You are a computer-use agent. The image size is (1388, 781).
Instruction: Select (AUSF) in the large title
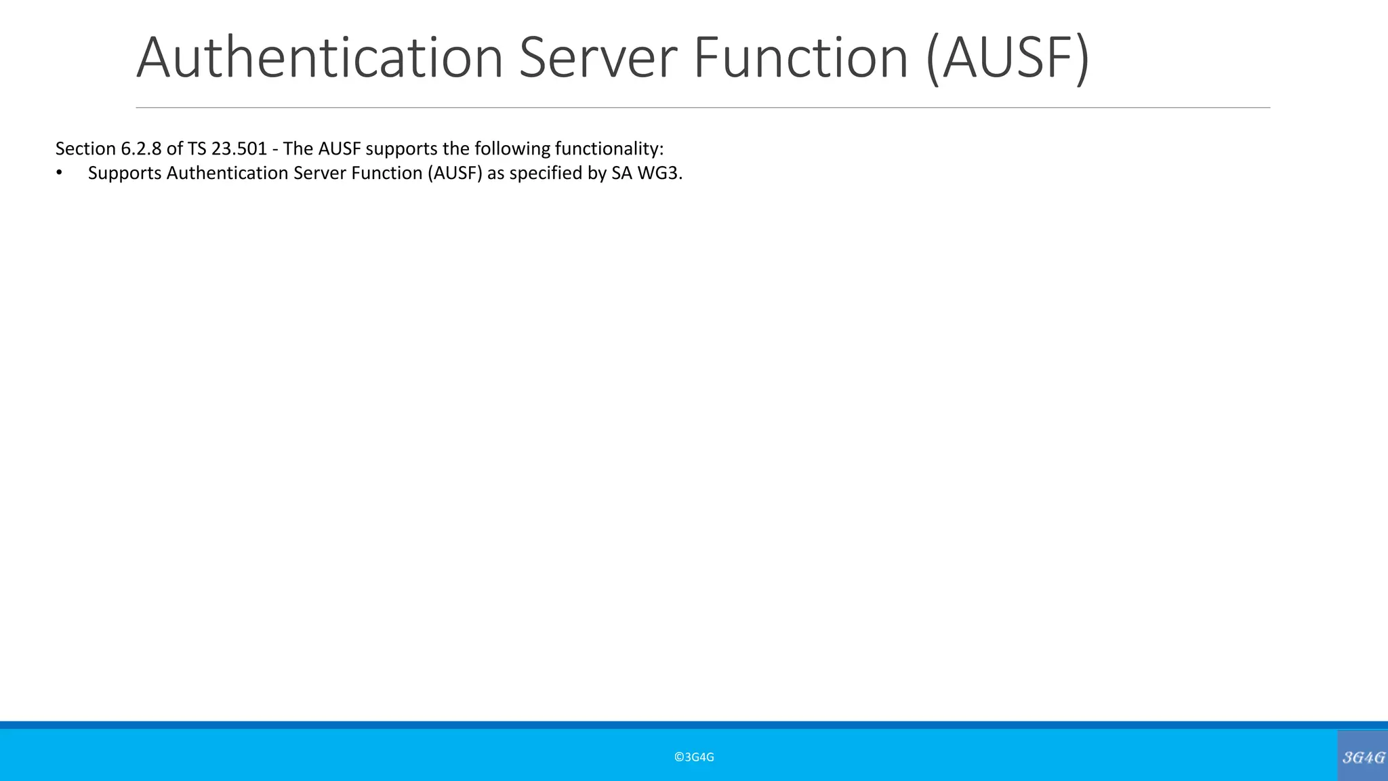[1008, 58]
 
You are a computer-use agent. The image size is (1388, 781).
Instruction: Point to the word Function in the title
[800, 57]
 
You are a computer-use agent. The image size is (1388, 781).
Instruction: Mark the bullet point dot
[59, 173]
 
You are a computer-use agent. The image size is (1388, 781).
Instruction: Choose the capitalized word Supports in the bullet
[125, 174]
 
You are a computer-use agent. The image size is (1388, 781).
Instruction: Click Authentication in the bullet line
[228, 173]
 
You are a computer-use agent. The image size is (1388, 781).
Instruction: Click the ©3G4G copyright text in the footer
[694, 757]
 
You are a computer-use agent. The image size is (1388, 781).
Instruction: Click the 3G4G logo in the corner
[1363, 757]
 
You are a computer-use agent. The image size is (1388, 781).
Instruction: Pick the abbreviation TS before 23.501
[197, 148]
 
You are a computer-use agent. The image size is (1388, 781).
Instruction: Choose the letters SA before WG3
[621, 173]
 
